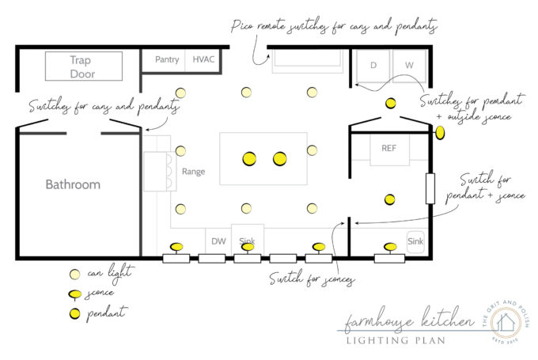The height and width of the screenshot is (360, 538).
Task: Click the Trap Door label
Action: [82, 67]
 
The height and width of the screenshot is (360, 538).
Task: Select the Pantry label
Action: [167, 59]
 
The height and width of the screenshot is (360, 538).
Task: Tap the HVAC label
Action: [203, 59]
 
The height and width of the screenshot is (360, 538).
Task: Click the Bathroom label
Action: [73, 184]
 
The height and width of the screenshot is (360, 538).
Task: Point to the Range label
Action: [194, 171]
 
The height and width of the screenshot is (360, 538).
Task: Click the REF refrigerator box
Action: [388, 149]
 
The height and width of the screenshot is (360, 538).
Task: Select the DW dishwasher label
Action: [218, 241]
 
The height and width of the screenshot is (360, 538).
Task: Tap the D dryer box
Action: [373, 65]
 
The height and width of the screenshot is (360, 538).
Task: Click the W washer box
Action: [408, 65]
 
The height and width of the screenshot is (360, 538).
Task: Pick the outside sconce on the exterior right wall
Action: [440, 133]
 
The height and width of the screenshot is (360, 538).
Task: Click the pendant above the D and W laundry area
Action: [390, 104]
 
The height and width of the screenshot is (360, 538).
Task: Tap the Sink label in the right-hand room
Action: [415, 241]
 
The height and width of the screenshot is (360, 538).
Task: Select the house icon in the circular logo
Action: [506, 322]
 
